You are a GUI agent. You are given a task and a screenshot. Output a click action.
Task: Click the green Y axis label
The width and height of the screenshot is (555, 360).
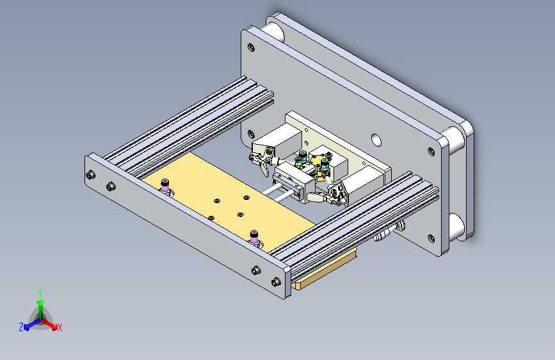[40, 293]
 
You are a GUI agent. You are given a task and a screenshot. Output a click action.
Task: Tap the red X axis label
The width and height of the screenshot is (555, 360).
[60, 328]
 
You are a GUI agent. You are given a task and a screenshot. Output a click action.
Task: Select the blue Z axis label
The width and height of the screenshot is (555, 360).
[21, 327]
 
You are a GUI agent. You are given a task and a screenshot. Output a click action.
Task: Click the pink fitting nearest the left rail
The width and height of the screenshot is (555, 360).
[165, 187]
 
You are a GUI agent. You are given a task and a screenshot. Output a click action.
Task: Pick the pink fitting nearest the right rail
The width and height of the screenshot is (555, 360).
[254, 238]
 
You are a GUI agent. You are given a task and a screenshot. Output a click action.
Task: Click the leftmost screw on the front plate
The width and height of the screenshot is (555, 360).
[91, 175]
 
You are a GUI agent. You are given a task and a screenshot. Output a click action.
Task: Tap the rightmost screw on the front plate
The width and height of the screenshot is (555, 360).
[276, 282]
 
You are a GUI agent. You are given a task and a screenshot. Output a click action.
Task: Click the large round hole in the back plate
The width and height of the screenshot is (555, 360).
[376, 140]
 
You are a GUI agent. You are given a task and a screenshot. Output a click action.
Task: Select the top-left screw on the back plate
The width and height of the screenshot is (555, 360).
[251, 47]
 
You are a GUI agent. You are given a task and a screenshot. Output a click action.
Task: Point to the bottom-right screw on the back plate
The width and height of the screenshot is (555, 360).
[431, 238]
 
